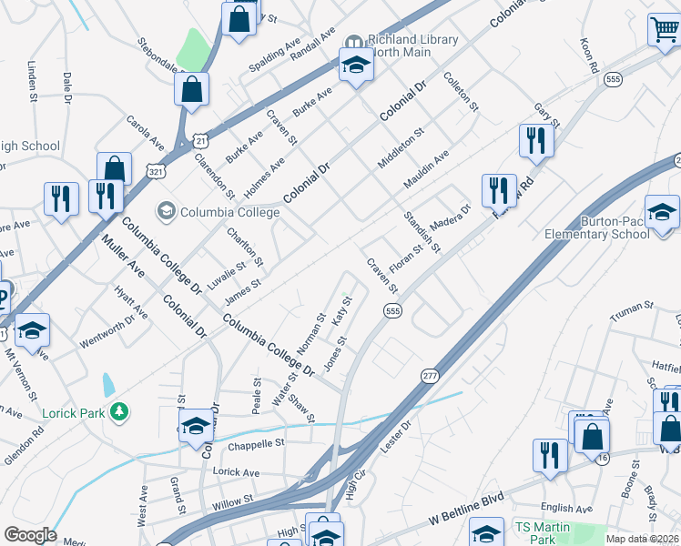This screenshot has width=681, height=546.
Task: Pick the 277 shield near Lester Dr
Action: point(430,375)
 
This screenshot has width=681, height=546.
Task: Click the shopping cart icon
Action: point(664,30)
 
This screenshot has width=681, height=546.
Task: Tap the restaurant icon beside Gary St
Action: point(536,141)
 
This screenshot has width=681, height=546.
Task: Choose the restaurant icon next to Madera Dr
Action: point(498,190)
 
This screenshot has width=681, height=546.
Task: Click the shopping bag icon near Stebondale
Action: point(191,89)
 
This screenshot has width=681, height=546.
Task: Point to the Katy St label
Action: point(341,311)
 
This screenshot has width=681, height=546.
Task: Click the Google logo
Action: point(30,535)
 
